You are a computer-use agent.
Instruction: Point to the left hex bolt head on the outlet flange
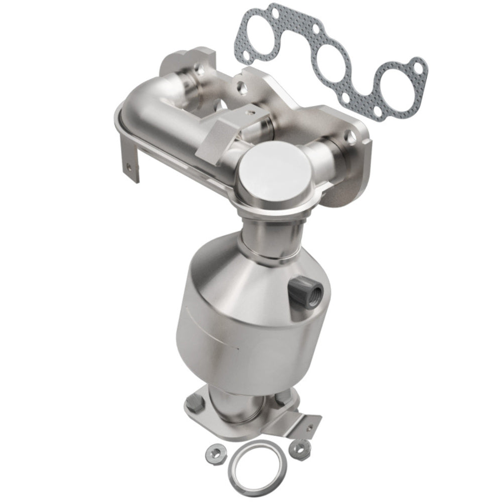pyautogui.click(x=193, y=402)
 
